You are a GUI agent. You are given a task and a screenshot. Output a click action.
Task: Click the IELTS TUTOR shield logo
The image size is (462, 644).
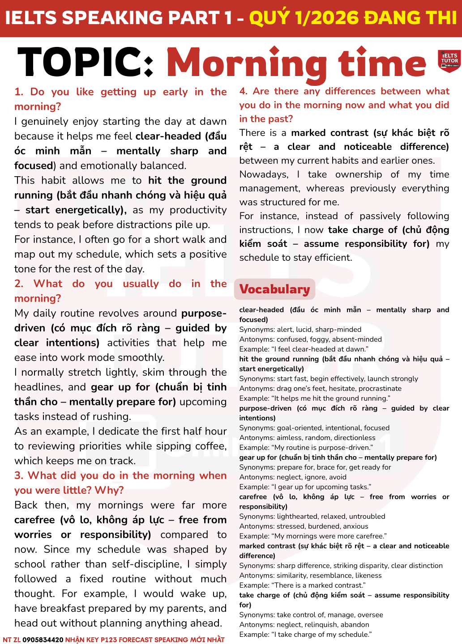pos(449,61)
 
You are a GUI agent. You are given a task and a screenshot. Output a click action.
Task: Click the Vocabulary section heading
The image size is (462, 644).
pos(274,289)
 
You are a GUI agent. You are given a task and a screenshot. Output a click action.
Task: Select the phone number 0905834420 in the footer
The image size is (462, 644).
pos(43,640)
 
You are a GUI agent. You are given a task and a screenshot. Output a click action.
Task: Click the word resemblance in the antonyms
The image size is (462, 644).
pos(330,576)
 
